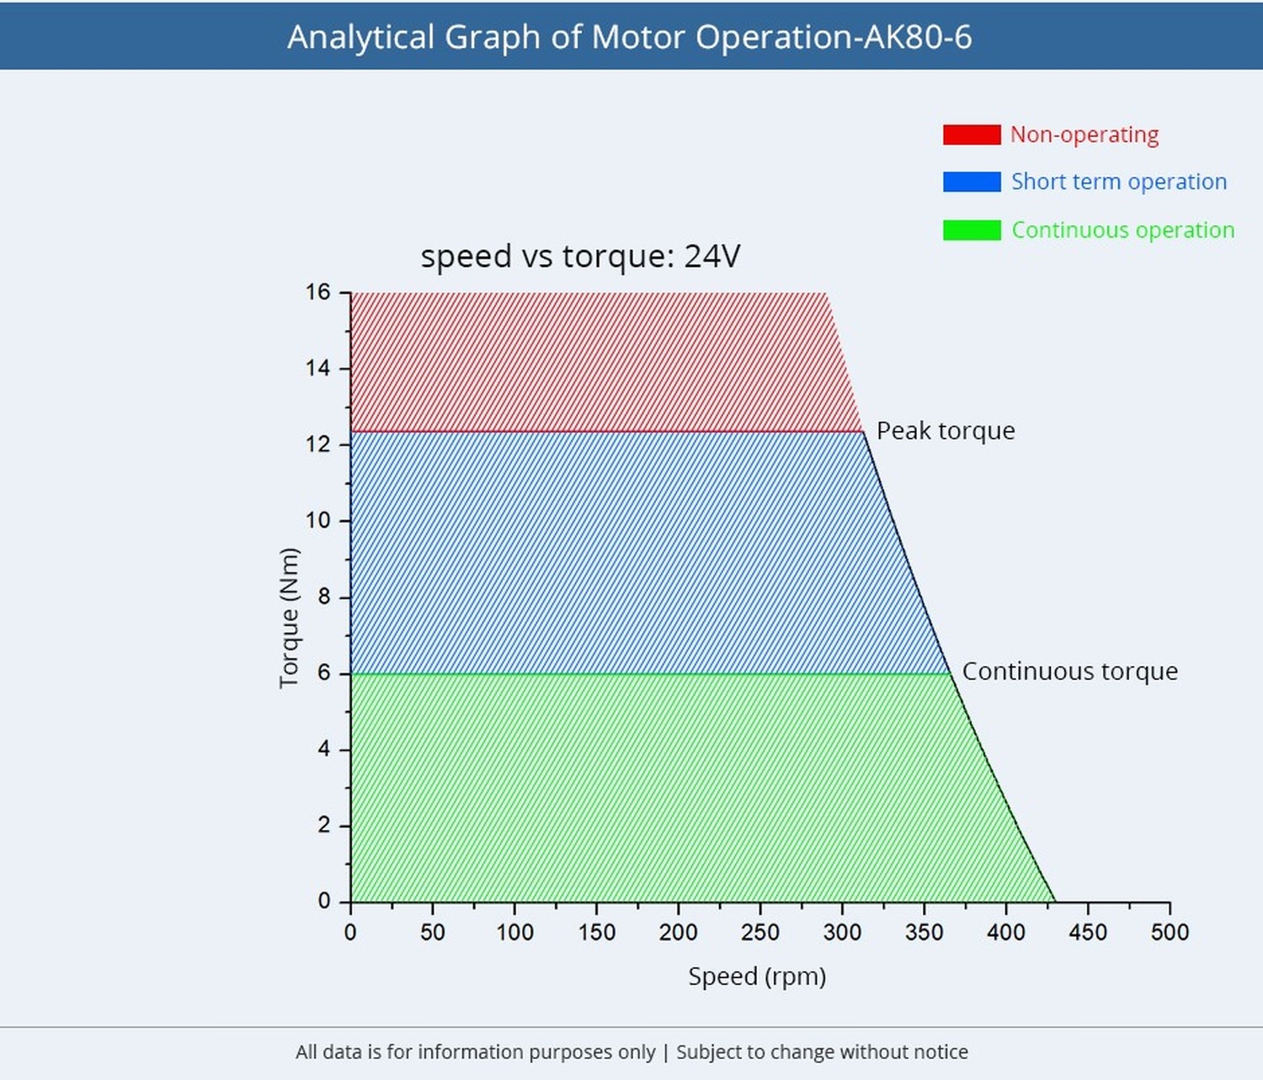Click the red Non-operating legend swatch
pyautogui.click(x=972, y=135)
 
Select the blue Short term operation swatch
pyautogui.click(x=972, y=182)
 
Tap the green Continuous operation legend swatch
pyautogui.click(x=972, y=230)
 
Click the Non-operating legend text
pyautogui.click(x=1084, y=135)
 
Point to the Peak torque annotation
pyautogui.click(x=946, y=431)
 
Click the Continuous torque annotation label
pyautogui.click(x=1069, y=672)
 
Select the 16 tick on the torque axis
pyautogui.click(x=318, y=292)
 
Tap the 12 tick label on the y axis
pyautogui.click(x=318, y=444)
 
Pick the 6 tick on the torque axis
pyautogui.click(x=324, y=673)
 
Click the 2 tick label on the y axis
pyautogui.click(x=324, y=825)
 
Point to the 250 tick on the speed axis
pyautogui.click(x=760, y=932)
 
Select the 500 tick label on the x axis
pyautogui.click(x=1170, y=932)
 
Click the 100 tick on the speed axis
pyautogui.click(x=514, y=932)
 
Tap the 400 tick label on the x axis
pyautogui.click(x=1006, y=932)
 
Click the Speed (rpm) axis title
pyautogui.click(x=757, y=976)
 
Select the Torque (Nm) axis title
pyautogui.click(x=289, y=617)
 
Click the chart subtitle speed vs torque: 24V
pyautogui.click(x=580, y=256)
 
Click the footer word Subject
pyautogui.click(x=709, y=1052)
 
